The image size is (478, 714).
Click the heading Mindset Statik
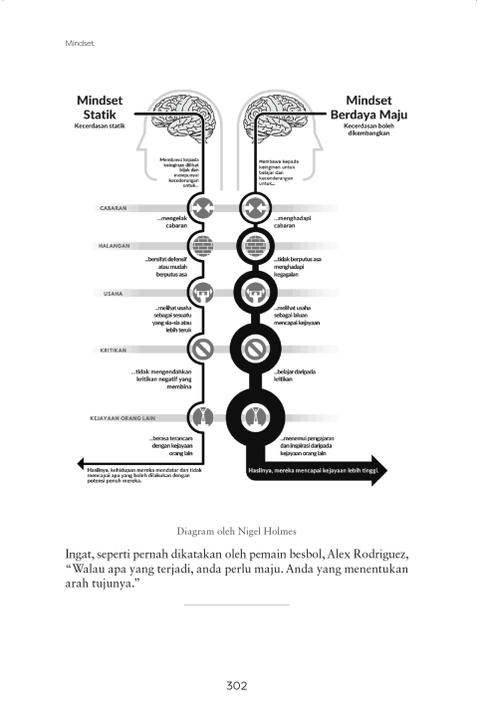(x=100, y=107)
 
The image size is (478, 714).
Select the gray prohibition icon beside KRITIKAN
(x=203, y=350)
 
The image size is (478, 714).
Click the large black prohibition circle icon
(x=256, y=350)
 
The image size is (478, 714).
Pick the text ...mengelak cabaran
(x=173, y=221)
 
